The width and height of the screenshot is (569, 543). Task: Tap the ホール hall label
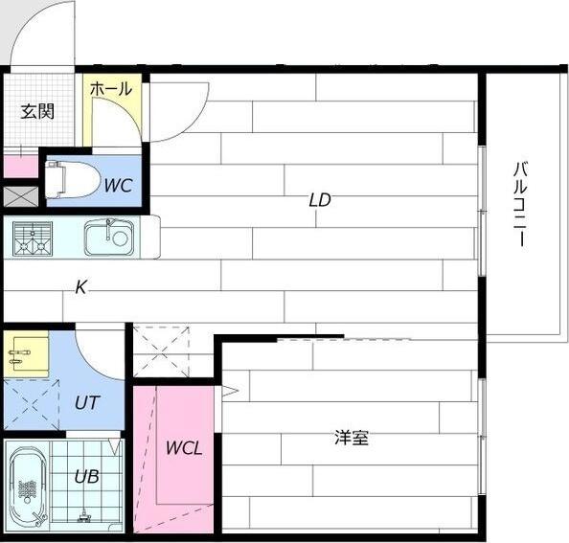(111, 89)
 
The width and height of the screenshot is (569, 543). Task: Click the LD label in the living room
(319, 200)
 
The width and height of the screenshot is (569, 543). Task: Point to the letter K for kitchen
(81, 287)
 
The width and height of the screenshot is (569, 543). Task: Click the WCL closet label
(184, 448)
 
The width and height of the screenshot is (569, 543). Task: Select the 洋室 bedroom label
(352, 439)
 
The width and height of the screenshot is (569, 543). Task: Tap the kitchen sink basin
(108, 238)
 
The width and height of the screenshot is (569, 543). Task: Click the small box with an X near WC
(19, 197)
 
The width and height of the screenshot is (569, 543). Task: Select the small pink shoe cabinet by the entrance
(19, 167)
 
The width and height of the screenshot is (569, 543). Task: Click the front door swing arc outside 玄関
(43, 34)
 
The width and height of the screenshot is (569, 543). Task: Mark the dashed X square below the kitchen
(161, 352)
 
